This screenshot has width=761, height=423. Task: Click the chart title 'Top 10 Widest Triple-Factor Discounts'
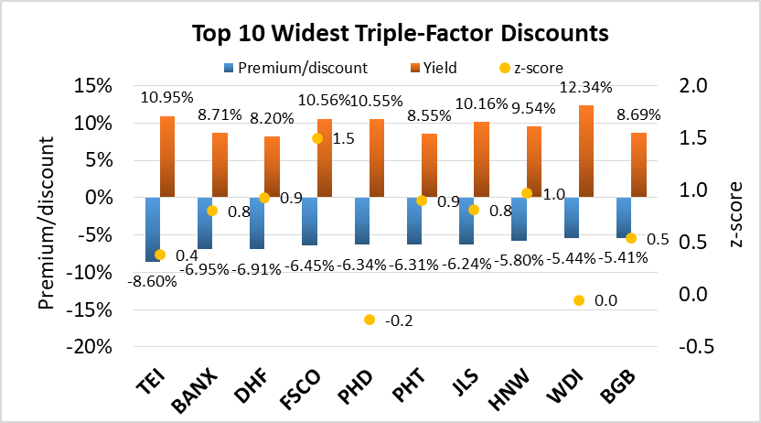[400, 35]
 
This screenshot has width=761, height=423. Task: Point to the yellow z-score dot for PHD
[370, 320]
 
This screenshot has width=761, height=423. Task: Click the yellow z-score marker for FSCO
[317, 138]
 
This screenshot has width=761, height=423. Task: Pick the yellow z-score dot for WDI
[579, 300]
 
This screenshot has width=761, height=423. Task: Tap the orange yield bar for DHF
[272, 167]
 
